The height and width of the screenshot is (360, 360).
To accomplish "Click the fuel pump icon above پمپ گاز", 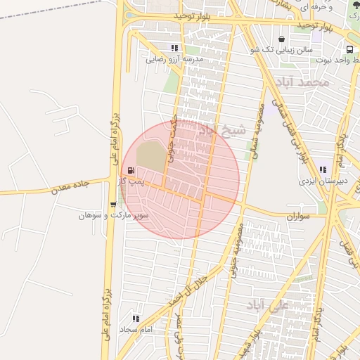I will (131, 170).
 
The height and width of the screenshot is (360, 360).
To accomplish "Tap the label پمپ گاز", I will (131, 181).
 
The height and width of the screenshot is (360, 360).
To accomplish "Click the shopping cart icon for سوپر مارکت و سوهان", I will (113, 205).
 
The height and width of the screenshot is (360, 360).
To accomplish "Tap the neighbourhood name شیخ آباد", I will (223, 130).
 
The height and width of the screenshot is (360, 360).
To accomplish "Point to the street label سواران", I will (298, 217).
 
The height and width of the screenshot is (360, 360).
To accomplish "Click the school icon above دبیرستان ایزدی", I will (323, 169).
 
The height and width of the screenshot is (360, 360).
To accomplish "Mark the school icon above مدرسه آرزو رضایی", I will (174, 49).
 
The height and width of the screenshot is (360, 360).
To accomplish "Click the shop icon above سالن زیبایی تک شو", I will (282, 39).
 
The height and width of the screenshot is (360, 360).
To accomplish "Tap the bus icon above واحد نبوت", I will (350, 49).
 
